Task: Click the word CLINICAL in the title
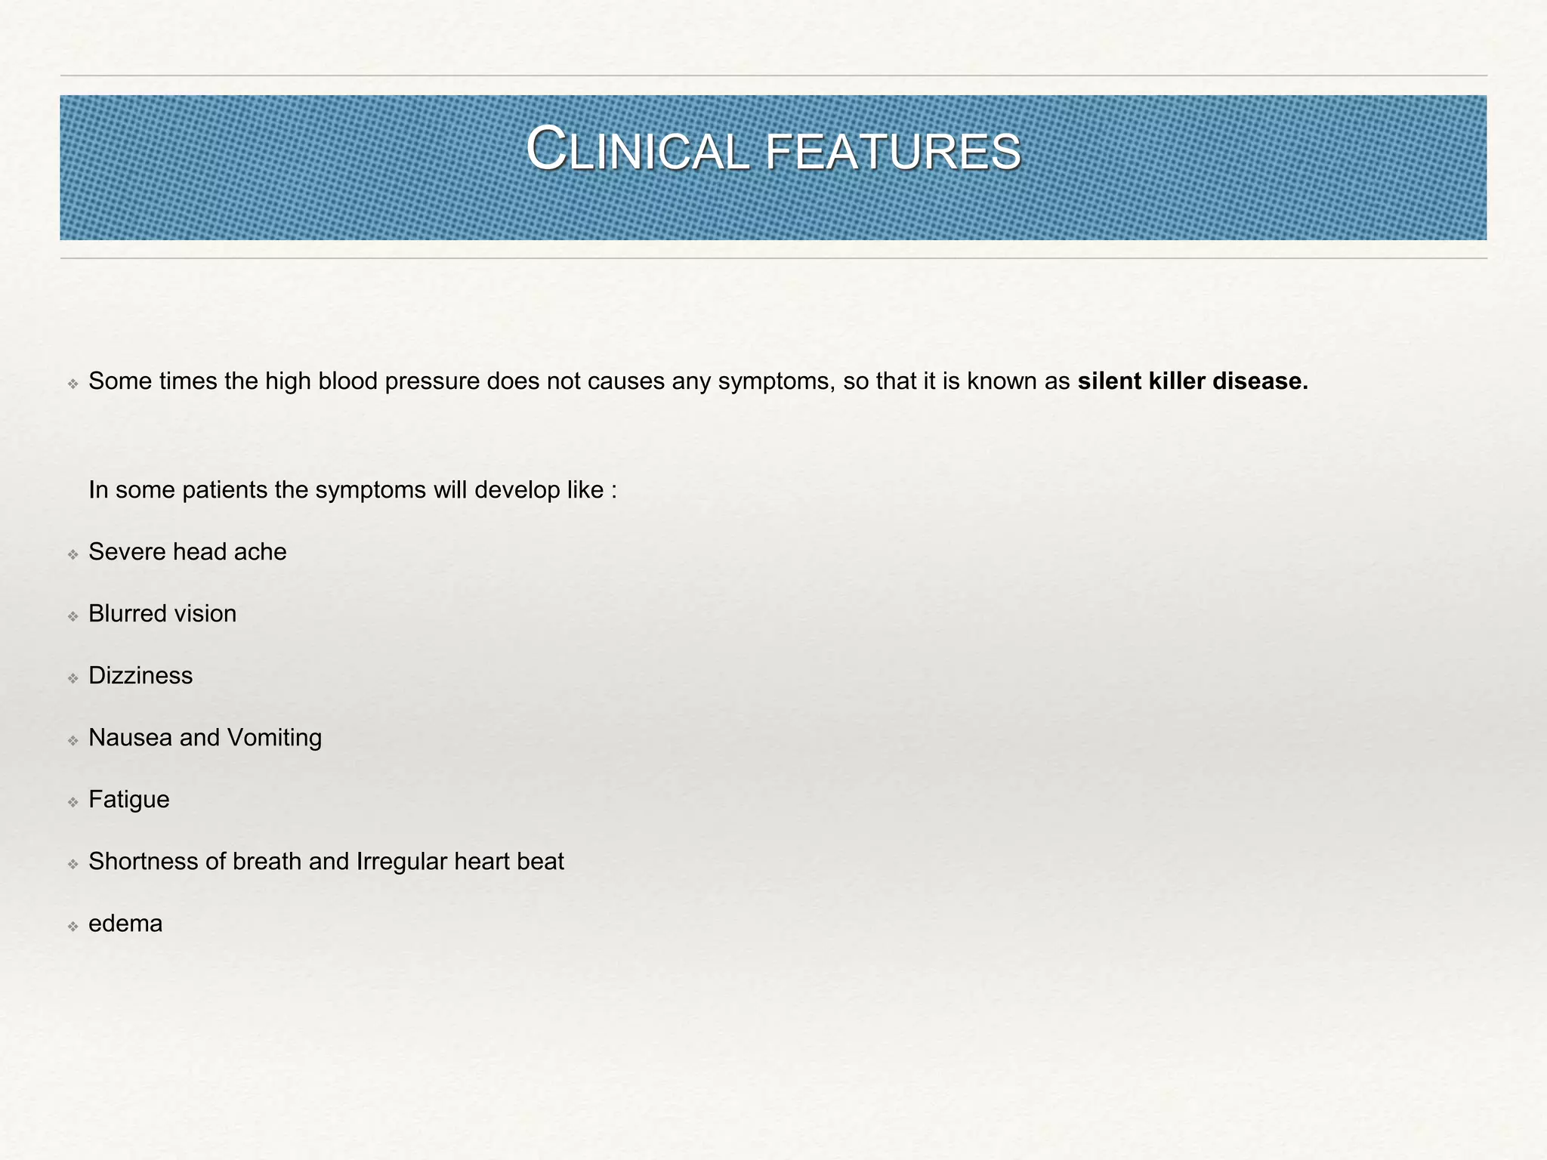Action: coord(636,150)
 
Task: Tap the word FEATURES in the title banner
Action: coord(893,152)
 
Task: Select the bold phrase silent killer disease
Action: coord(1192,381)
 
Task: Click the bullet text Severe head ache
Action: coord(187,552)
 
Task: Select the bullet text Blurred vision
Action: coord(162,614)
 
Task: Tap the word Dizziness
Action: coord(140,676)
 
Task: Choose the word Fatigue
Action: coord(129,800)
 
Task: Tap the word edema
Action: coord(125,924)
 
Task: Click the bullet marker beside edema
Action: coord(73,926)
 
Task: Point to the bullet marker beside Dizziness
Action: coord(73,678)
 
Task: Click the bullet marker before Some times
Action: coord(73,384)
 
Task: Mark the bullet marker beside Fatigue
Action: coord(73,802)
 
